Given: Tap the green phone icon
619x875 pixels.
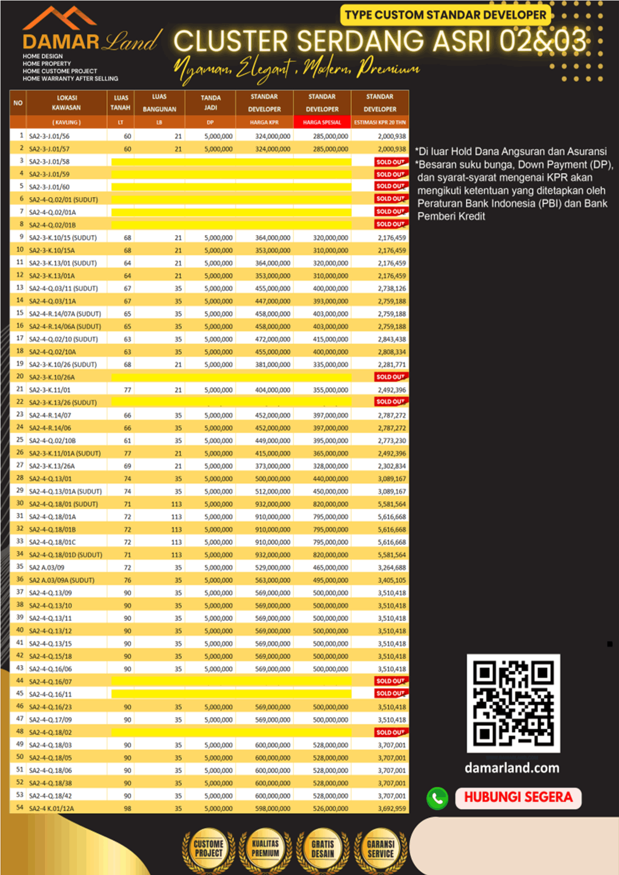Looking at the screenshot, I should tap(437, 798).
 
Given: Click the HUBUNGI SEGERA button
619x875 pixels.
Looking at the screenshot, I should tap(518, 797).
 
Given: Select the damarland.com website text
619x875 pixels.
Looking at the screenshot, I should tap(512, 768).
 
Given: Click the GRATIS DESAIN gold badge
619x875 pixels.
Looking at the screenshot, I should tap(322, 849).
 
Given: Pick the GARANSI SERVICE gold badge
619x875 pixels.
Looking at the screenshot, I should tap(380, 849).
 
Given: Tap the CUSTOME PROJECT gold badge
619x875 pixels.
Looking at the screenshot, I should tap(209, 849).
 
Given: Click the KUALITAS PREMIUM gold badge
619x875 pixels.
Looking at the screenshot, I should tap(265, 849).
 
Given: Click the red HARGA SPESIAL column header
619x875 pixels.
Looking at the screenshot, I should tap(322, 122).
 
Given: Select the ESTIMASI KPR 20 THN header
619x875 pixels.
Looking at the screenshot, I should tap(380, 122).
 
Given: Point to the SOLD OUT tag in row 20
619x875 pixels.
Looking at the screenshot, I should tap(390, 377).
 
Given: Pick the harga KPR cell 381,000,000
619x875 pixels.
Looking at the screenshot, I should tap(273, 365).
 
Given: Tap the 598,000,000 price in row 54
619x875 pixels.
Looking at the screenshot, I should tap(273, 808).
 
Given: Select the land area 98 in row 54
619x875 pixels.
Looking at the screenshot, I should tap(128, 808).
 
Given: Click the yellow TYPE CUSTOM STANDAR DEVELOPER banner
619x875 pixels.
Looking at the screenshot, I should tap(446, 15).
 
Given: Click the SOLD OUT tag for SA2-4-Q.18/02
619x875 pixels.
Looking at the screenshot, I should tap(390, 732).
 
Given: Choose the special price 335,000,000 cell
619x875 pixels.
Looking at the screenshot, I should tap(330, 365).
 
